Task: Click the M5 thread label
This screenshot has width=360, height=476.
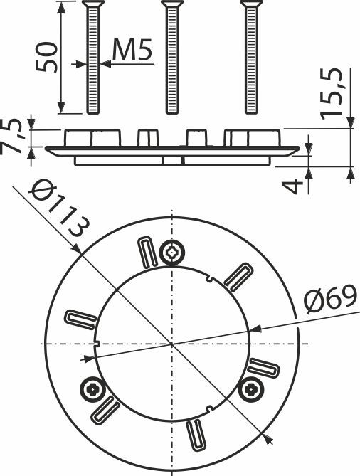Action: (x=132, y=50)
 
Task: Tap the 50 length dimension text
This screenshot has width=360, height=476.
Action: (x=46, y=57)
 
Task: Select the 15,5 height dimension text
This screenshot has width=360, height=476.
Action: (x=331, y=93)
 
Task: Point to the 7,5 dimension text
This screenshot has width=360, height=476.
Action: (x=11, y=137)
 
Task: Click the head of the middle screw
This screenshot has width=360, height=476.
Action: (x=172, y=4)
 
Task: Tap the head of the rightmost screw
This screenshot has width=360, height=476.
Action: (x=251, y=4)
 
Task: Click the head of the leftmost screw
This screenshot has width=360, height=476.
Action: (x=93, y=4)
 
